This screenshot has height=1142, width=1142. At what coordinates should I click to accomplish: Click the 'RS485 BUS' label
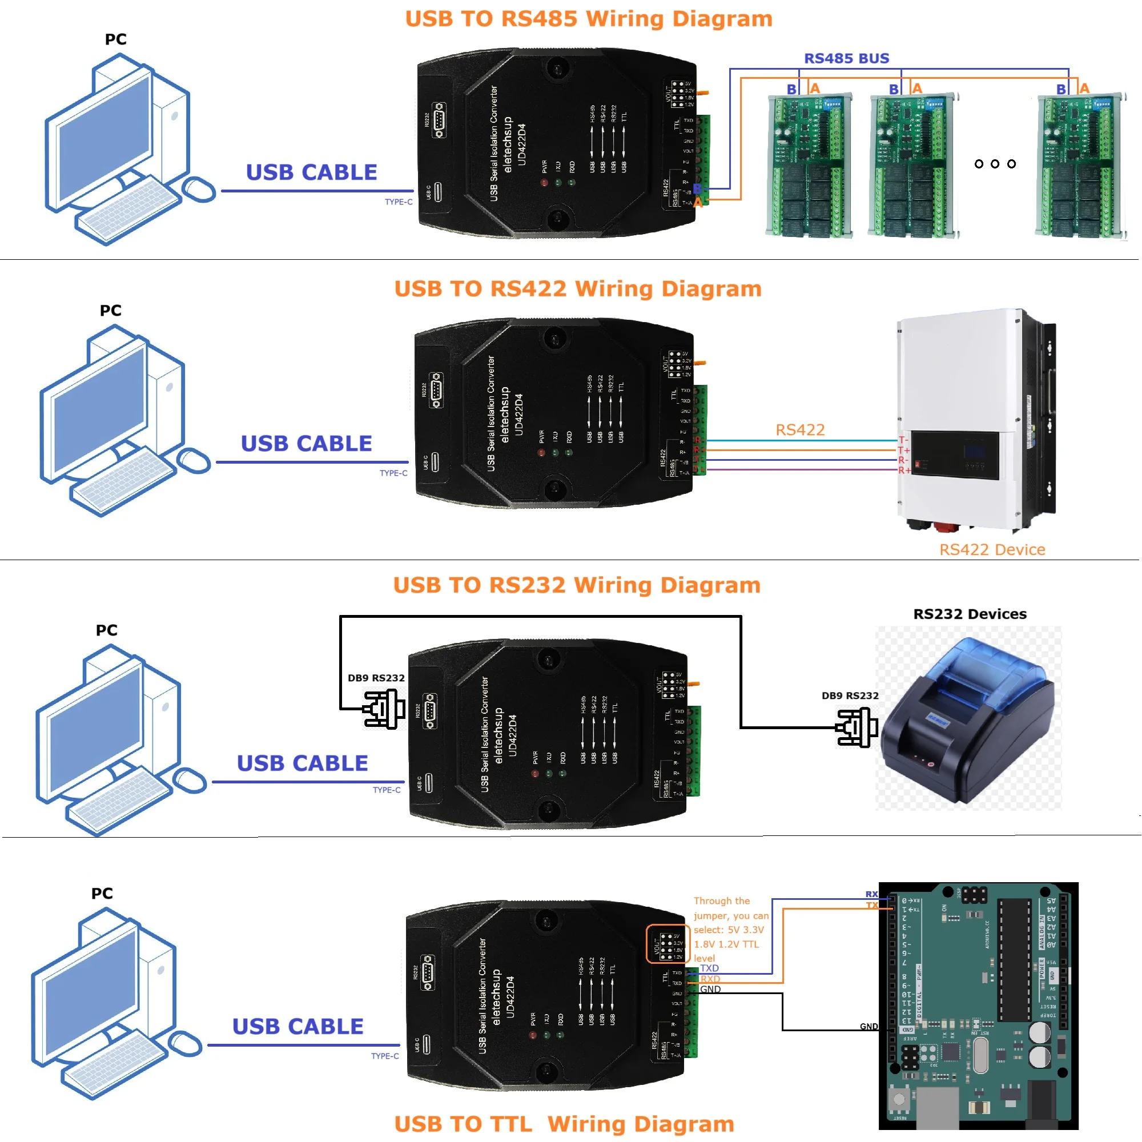pos(846,58)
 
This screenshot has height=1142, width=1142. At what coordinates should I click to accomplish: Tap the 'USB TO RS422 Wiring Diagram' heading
pos(577,288)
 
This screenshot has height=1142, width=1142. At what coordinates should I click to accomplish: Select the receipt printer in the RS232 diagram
pos(967,721)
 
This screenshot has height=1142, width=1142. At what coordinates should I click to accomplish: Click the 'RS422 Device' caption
pos(992,550)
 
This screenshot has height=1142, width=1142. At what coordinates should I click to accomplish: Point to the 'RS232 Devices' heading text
pos(970,614)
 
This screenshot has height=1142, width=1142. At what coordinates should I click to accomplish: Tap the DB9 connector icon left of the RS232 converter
pos(384,709)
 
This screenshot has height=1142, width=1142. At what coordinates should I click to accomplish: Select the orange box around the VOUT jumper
pos(667,944)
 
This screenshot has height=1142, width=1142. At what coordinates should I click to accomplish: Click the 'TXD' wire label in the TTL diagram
pos(709,968)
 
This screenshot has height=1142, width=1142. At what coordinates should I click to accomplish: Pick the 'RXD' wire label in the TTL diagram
pos(710,979)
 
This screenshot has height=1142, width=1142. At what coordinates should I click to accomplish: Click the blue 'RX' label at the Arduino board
pos(871,894)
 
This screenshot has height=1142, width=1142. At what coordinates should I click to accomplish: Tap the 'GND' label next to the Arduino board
pos(868,1026)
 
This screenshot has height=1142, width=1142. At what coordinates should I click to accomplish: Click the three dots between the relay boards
pos(995,164)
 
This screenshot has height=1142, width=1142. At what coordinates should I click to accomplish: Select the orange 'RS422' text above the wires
pos(800,430)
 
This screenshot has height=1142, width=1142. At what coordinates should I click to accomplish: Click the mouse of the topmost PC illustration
pos(199,189)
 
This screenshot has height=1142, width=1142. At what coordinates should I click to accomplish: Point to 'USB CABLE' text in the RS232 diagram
pos(302,763)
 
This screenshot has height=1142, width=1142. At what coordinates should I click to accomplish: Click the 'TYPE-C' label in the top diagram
pos(399,202)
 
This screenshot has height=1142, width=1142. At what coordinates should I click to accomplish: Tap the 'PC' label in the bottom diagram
pos(102,893)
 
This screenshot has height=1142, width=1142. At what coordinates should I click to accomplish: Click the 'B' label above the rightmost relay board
pos(1061,89)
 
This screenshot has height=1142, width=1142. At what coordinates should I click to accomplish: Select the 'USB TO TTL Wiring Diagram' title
pos(564,1124)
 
